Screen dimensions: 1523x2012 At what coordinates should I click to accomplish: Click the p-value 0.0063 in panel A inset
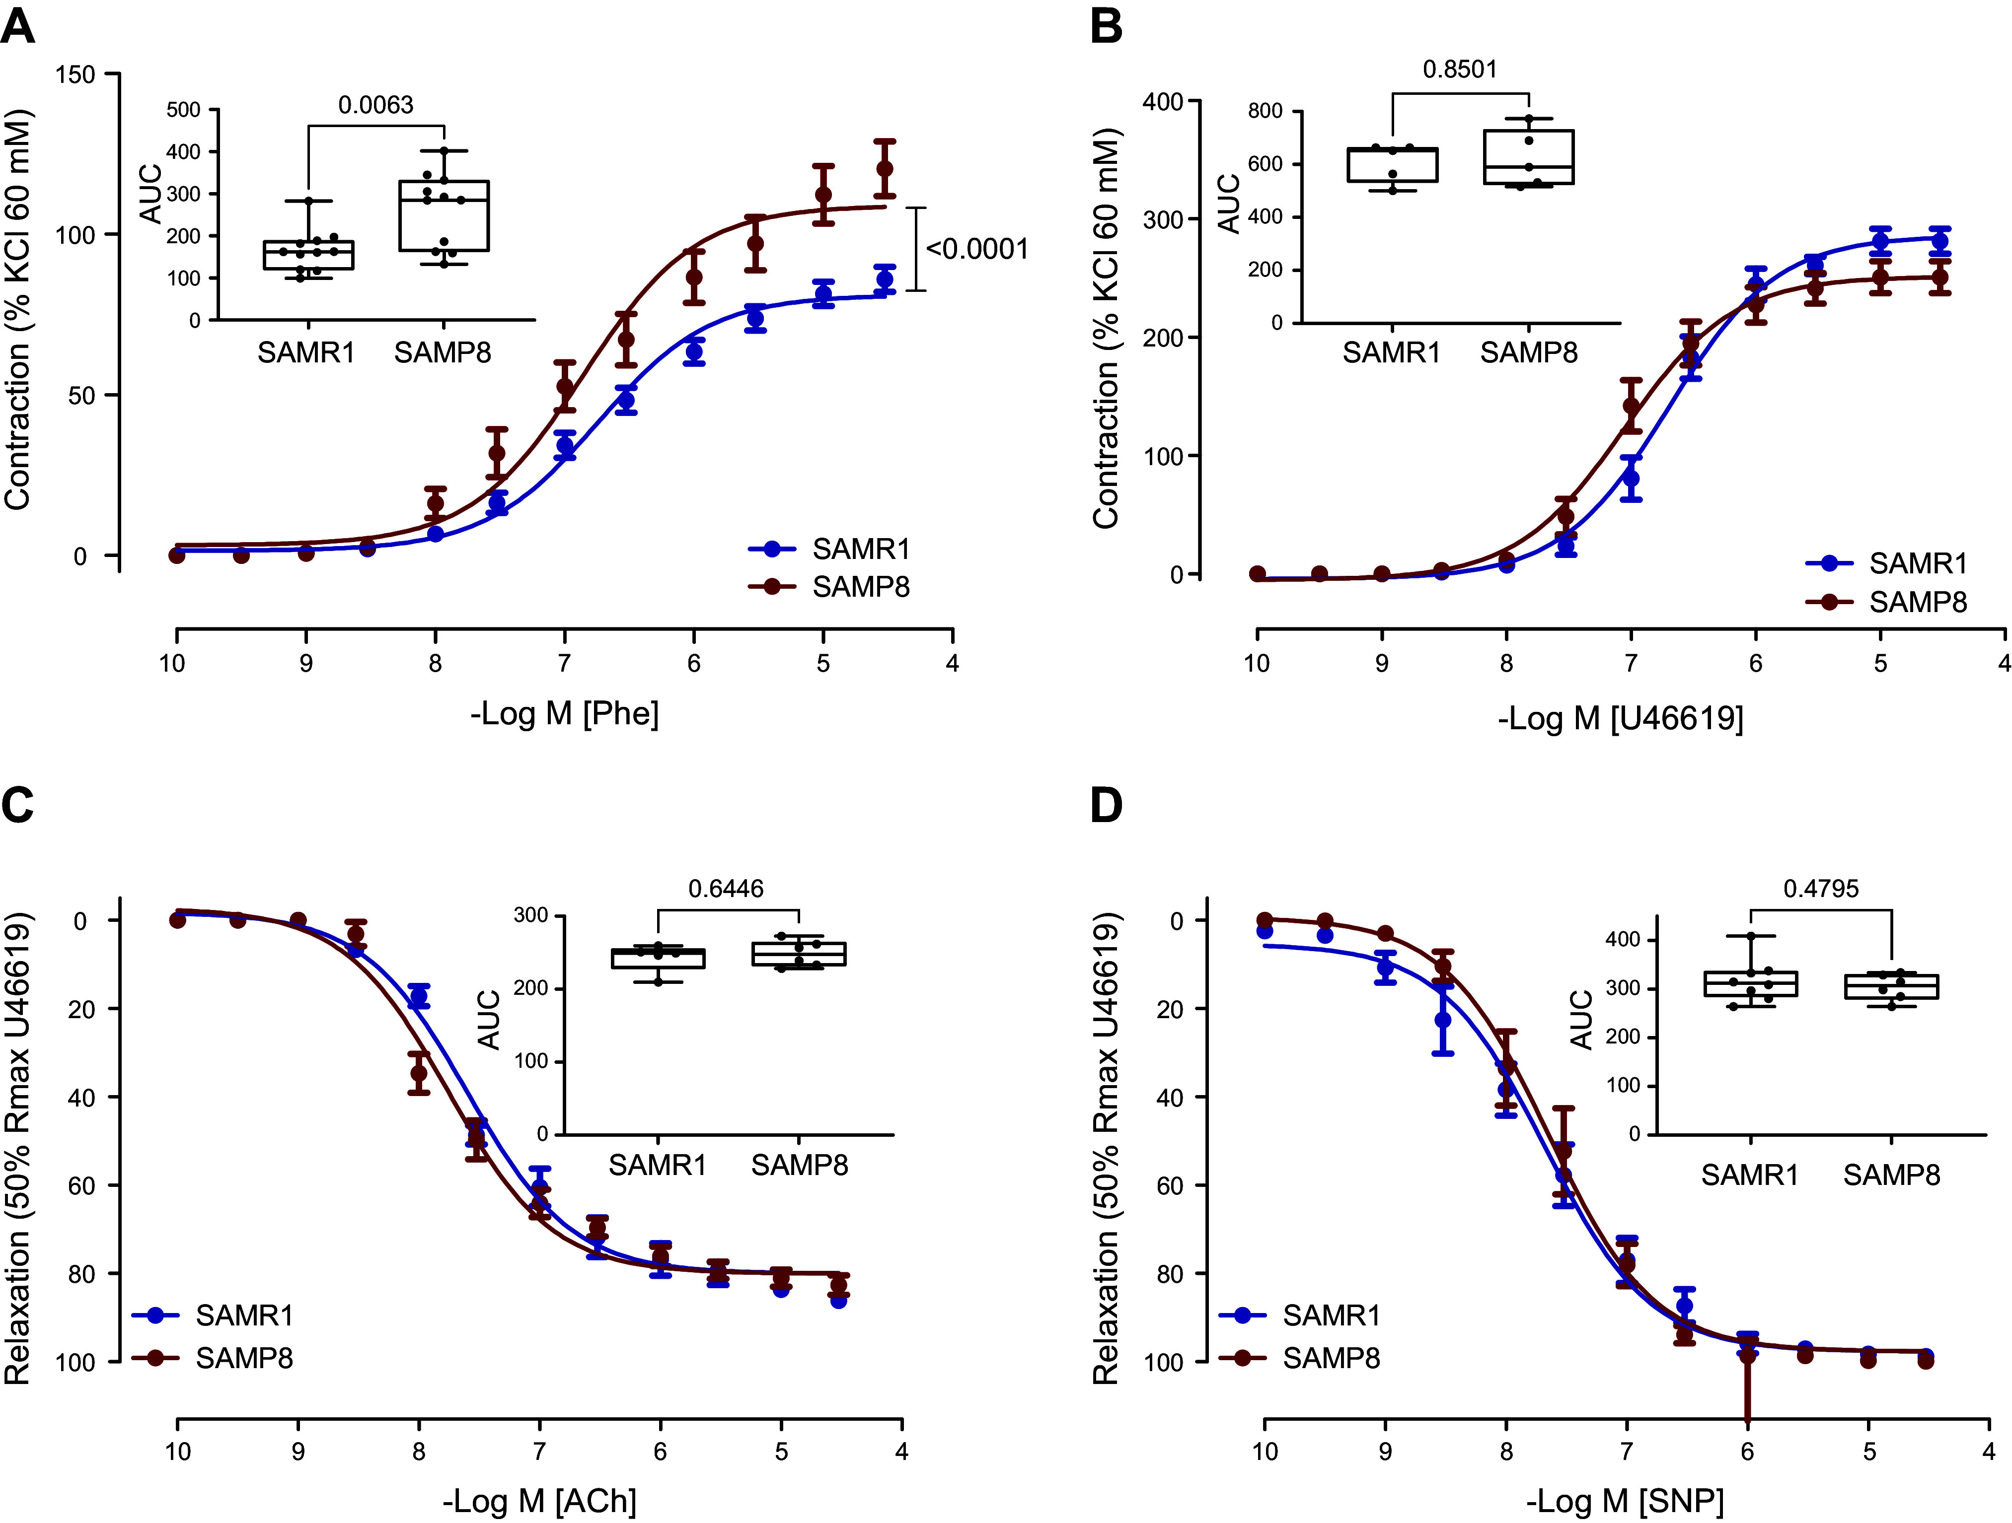point(375,105)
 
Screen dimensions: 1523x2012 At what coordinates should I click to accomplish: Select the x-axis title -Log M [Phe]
point(564,713)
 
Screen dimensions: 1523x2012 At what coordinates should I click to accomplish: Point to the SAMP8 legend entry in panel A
point(860,587)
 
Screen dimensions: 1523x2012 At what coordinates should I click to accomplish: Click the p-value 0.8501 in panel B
point(1459,69)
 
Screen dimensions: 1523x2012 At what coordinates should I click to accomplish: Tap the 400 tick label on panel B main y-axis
point(1163,102)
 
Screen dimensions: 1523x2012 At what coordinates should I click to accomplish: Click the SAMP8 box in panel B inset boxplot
point(1528,157)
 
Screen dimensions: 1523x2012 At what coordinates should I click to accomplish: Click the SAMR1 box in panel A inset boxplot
point(308,255)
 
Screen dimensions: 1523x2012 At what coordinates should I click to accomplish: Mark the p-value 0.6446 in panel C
point(725,889)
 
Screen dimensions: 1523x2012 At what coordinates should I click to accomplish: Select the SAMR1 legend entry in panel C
point(243,1315)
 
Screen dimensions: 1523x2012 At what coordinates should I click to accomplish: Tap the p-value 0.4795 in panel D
point(1820,889)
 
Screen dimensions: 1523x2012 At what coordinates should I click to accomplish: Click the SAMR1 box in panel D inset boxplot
point(1750,984)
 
